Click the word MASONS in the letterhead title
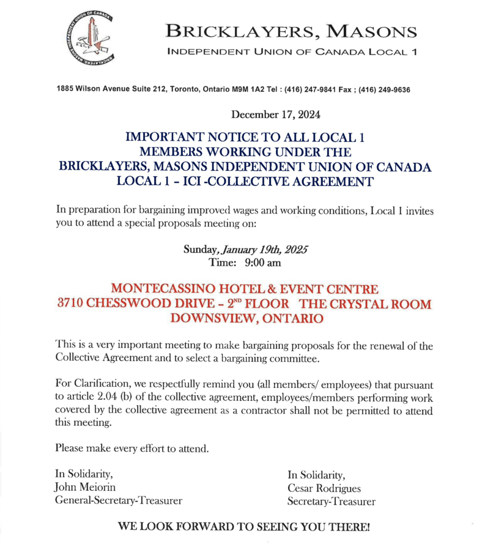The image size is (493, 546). (366, 29)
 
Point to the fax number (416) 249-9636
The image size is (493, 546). (382, 90)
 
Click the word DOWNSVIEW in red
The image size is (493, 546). (217, 318)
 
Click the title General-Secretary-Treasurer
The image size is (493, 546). (119, 500)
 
